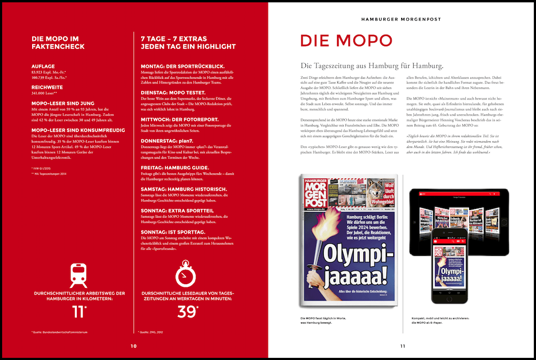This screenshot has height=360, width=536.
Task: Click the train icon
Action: click(79, 275)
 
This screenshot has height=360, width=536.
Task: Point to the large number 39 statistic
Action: click(187, 312)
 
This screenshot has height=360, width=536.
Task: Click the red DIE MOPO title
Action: click(345, 41)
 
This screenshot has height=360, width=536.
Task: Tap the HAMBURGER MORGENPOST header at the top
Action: click(401, 19)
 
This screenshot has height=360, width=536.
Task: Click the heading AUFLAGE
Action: click(43, 66)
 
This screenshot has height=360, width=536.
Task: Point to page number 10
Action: click(134, 346)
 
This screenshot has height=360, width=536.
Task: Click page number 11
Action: click(402, 346)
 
